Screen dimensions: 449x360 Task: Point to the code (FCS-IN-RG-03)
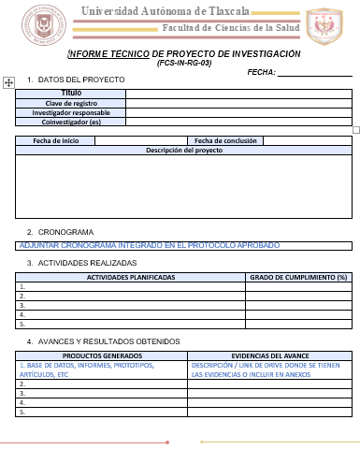point(184,62)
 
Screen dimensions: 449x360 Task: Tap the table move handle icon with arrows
point(8,83)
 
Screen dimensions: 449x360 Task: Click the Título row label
point(71,94)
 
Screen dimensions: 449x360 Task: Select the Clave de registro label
point(71,103)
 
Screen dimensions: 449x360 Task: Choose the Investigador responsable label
point(71,112)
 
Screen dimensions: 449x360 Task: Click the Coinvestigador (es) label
point(71,122)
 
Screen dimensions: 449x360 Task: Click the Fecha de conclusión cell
point(225,140)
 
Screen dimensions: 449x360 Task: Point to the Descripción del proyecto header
point(184,150)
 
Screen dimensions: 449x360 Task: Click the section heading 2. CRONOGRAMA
point(60,231)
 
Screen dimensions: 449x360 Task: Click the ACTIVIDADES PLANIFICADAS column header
point(131,277)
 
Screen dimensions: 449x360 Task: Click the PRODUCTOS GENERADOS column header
point(103,356)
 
